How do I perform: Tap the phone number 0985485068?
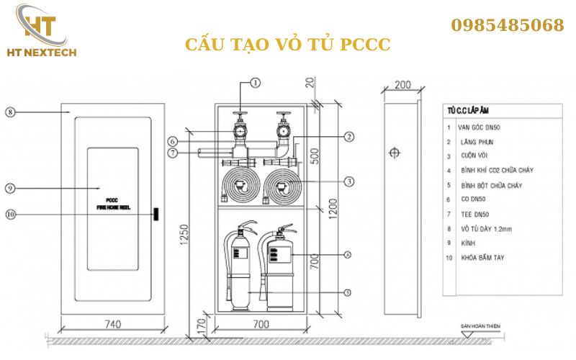(508, 26)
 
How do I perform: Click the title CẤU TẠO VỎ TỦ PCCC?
(288, 45)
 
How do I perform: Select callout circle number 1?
(254, 84)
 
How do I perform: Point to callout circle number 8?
(10, 112)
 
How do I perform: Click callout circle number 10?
(10, 214)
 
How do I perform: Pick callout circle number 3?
(348, 181)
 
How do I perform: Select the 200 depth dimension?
(403, 85)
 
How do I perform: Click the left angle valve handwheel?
(238, 114)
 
